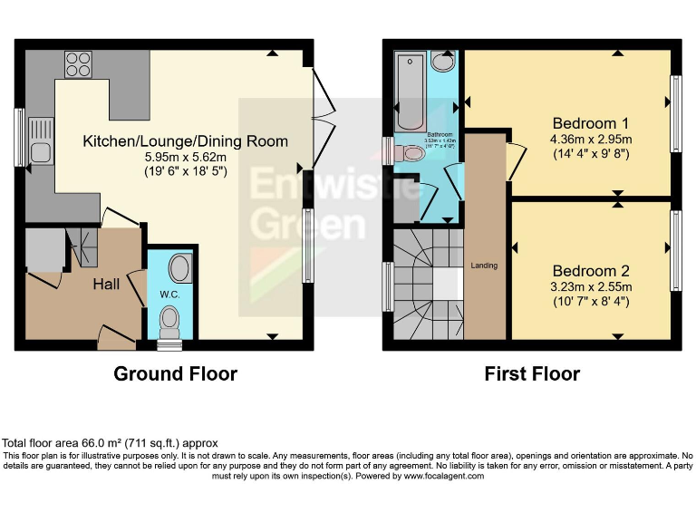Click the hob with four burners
pyautogui.click(x=77, y=65)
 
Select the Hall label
pyautogui.click(x=106, y=285)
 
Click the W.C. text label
pyautogui.click(x=169, y=295)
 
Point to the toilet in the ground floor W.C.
pyautogui.click(x=169, y=321)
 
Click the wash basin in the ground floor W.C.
pyautogui.click(x=179, y=268)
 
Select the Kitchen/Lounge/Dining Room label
pyautogui.click(x=186, y=141)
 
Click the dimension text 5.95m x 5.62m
pyautogui.click(x=186, y=157)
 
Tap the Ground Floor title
pyautogui.click(x=175, y=373)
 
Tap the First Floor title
pyautogui.click(x=532, y=373)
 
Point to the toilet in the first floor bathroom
pyautogui.click(x=410, y=155)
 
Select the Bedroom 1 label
pyautogui.click(x=591, y=123)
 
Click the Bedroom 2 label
pyautogui.click(x=591, y=271)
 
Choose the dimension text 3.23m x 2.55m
pyautogui.click(x=591, y=286)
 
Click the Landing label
pyautogui.click(x=484, y=266)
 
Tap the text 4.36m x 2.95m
pyautogui.click(x=591, y=139)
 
